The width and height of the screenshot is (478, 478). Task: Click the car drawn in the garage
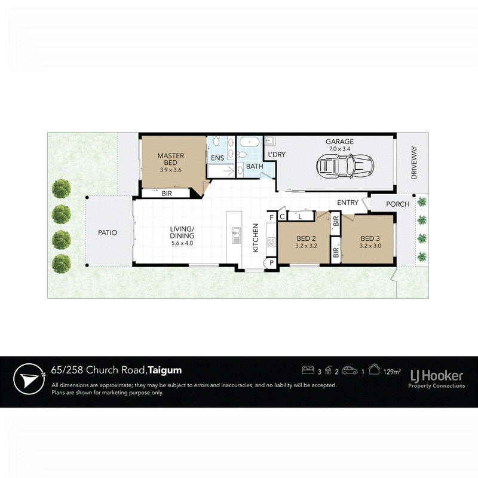(345, 167)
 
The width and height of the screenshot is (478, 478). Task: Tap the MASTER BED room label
(171, 159)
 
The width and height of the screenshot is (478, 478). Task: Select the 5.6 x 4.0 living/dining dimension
(182, 243)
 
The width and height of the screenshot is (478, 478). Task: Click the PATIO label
(108, 232)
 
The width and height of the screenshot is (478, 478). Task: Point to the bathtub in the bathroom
(249, 142)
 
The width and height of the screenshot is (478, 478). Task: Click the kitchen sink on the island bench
(236, 235)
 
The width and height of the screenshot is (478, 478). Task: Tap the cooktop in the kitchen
(271, 243)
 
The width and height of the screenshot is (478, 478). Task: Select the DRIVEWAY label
(413, 163)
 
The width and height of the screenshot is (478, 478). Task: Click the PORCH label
(397, 204)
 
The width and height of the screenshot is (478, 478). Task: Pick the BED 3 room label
(370, 238)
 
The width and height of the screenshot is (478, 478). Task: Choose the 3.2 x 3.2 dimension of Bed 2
(306, 246)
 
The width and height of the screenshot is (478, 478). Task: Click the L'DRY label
(277, 155)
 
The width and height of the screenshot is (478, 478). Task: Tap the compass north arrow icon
(29, 379)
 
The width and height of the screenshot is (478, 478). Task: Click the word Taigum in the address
(165, 370)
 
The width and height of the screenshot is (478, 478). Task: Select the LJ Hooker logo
(437, 378)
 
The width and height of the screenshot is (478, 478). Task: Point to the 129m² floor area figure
(392, 372)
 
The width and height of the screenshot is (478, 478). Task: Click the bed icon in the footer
(308, 370)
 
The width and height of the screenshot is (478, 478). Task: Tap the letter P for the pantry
(271, 263)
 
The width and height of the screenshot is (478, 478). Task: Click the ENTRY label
(348, 203)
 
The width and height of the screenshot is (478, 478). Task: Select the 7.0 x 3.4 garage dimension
(339, 149)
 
